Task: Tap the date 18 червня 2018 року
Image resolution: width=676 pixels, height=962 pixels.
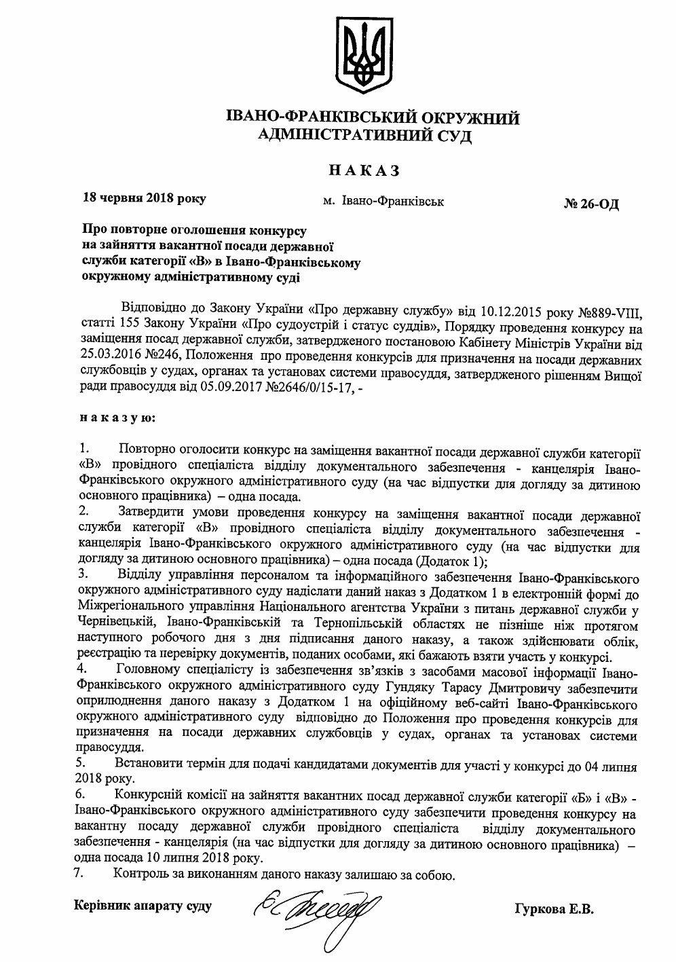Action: (143, 199)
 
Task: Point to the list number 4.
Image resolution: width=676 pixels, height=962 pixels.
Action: (83, 669)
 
